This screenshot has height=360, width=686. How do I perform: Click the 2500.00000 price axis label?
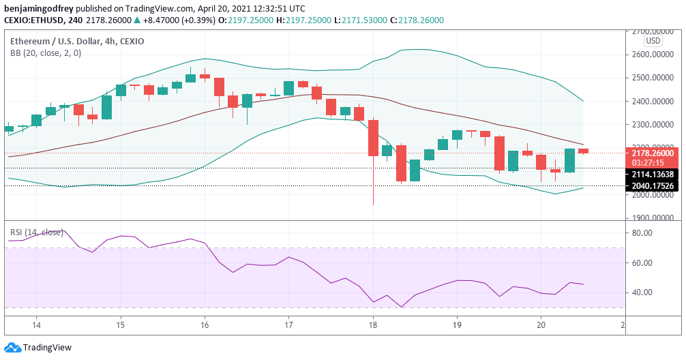click(651, 78)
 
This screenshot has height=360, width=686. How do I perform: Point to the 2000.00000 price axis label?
click(651, 195)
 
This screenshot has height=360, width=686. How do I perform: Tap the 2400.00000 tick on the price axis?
click(651, 102)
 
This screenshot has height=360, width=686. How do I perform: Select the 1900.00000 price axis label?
click(651, 218)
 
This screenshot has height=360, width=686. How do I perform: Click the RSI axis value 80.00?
click(642, 233)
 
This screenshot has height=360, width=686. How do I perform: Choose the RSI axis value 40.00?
click(642, 292)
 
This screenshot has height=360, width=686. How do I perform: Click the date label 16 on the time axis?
click(205, 324)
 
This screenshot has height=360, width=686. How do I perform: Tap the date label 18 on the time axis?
click(372, 324)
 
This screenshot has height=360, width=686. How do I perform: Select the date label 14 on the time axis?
click(37, 324)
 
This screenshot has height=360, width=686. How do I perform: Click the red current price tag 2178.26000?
click(653, 153)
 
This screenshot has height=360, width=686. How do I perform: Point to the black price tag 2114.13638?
click(653, 175)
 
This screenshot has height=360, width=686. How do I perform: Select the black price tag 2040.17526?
click(653, 185)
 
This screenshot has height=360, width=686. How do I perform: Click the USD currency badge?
click(653, 41)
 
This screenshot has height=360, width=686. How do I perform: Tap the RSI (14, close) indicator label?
click(36, 232)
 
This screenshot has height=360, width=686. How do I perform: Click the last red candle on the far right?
click(584, 151)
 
